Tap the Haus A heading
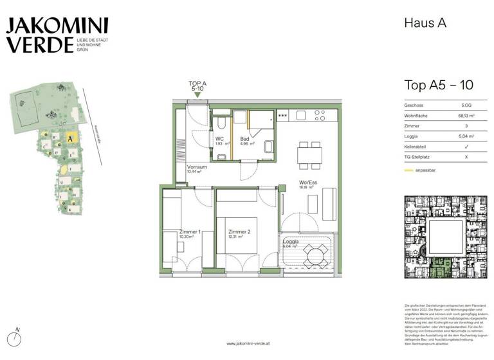(425, 23)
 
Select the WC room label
(219, 138)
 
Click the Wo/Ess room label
(307, 183)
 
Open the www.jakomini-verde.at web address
(247, 343)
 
